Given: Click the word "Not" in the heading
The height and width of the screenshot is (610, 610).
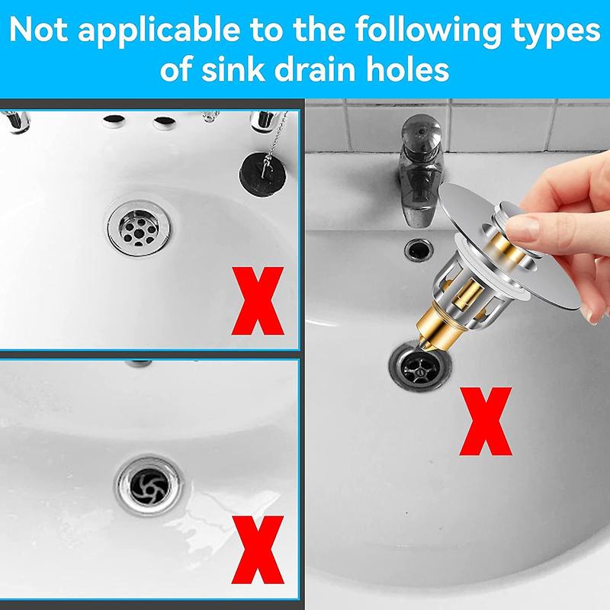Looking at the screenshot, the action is point(38,30).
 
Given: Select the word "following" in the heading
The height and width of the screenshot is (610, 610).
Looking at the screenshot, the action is point(428,32).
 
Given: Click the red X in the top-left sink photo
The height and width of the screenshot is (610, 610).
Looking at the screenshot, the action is point(258,300).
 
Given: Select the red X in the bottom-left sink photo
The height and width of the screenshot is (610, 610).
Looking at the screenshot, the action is point(258,549).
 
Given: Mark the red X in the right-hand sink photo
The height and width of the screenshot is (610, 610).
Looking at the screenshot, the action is point(486,422).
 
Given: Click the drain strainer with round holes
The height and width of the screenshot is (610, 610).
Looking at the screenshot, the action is point(140,229).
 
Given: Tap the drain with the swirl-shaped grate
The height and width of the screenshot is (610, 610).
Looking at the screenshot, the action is point(149,486).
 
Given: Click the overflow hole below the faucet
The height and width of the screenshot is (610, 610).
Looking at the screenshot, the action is point(418,249).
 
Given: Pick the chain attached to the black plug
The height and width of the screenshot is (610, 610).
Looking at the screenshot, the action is point(275,141).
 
